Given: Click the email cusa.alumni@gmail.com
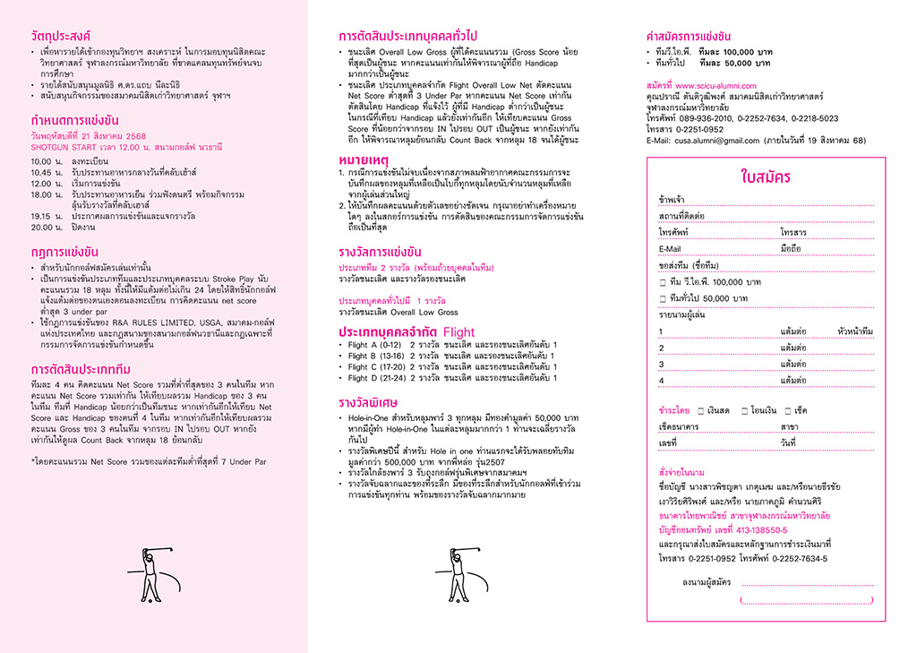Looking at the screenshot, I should click(716, 141).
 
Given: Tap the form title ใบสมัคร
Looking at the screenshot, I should click(766, 176).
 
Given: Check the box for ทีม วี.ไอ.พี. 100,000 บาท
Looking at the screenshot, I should click(663, 282).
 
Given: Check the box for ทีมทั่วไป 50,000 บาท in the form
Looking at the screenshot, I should click(663, 298).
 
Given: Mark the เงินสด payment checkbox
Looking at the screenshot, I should click(699, 410).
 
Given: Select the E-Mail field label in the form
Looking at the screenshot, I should click(670, 249).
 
